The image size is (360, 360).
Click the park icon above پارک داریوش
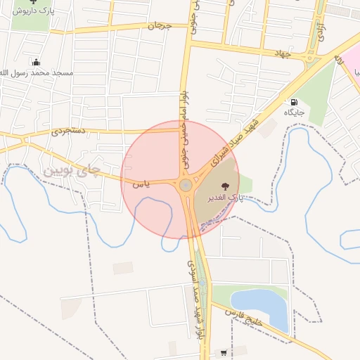34,2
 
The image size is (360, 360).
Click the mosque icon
37,62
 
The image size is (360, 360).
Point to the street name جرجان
159,26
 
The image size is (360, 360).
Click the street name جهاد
283,53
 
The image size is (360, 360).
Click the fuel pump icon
293,102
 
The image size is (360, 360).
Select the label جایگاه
294,112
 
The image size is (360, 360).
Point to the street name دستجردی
67,131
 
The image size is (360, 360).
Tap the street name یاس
141,184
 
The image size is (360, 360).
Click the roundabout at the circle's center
186,186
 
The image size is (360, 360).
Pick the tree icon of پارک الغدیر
225,187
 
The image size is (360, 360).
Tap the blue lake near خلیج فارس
261,307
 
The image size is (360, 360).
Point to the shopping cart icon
224,353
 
